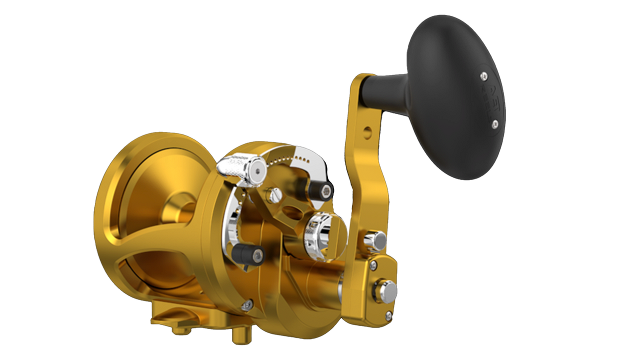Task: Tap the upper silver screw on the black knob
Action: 483,75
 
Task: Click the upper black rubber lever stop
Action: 320,189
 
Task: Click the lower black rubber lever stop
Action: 251,254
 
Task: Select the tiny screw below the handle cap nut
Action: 388,315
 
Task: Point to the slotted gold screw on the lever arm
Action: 272,194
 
